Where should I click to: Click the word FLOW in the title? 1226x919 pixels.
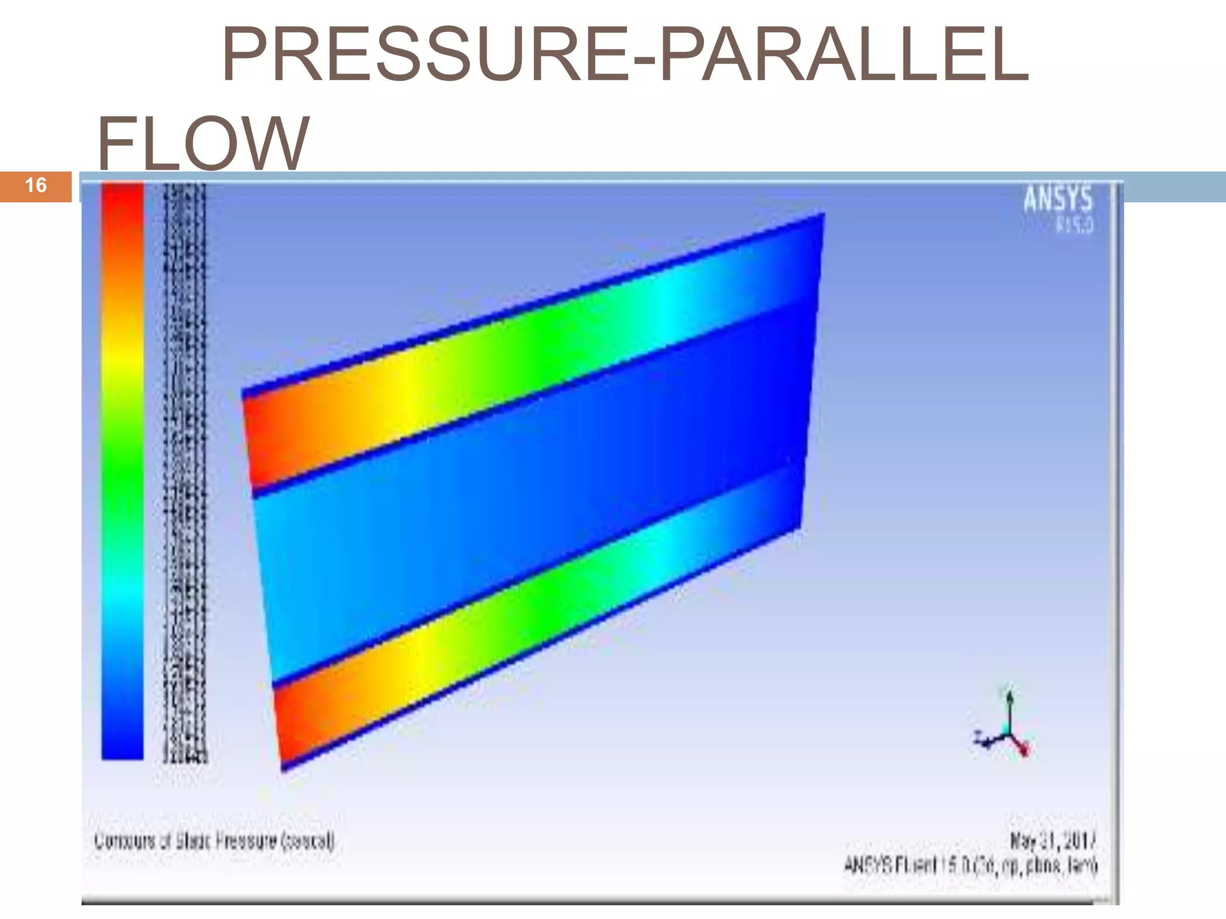202,144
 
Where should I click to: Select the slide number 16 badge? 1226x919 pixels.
36,185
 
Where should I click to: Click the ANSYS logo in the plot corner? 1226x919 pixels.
1057,199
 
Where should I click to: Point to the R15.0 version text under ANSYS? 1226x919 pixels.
1075,226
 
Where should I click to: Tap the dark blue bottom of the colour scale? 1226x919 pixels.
122,742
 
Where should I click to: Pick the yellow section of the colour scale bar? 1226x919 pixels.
122,359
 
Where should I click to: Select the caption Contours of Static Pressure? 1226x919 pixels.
214,841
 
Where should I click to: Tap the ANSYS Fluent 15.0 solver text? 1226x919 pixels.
970,865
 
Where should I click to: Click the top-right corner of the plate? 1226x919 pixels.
824,214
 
